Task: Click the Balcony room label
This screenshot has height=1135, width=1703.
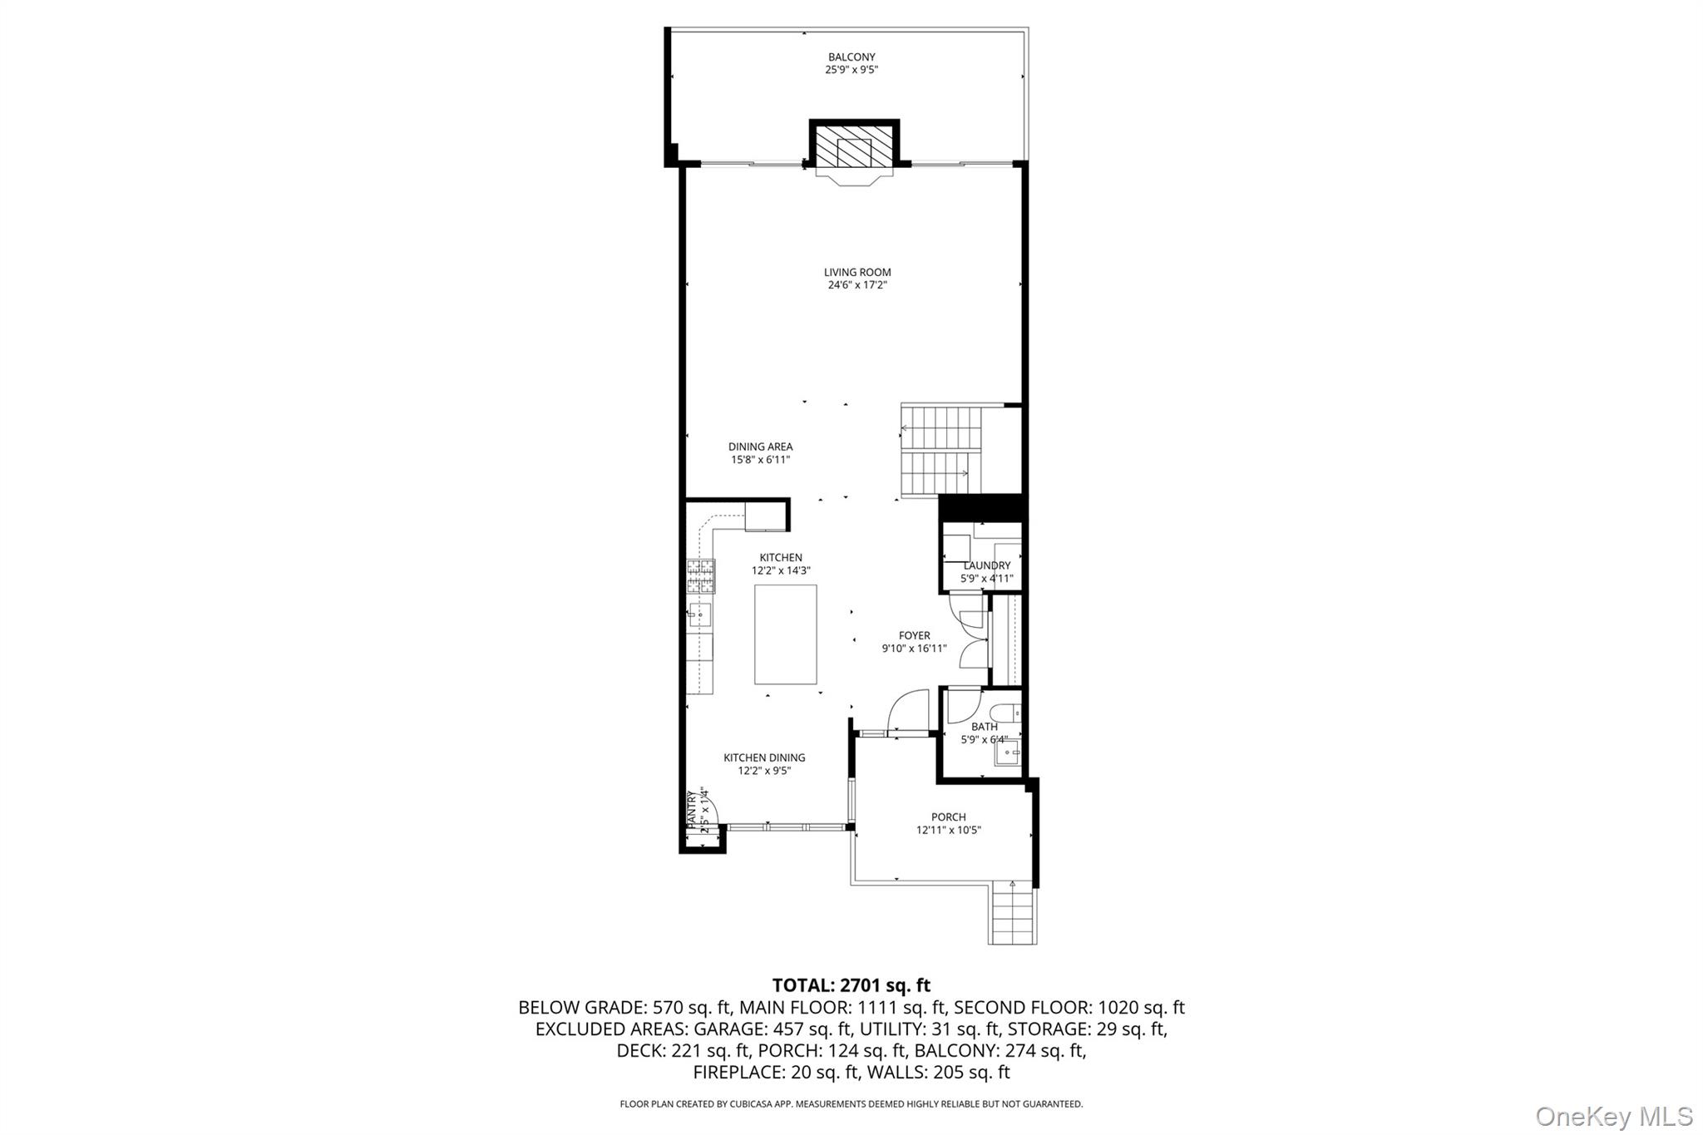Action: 851,57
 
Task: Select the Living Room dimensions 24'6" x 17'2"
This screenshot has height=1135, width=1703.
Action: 857,285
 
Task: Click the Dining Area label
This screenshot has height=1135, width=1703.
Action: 760,447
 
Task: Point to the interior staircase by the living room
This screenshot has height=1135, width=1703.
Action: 941,451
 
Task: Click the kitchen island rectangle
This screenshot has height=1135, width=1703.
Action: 785,634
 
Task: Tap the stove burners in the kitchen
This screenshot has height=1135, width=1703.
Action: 700,575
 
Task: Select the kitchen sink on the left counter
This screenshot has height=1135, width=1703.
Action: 699,614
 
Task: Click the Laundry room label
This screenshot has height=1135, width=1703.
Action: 986,565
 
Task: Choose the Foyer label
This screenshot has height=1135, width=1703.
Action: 914,635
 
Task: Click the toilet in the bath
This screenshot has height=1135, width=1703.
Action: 1004,713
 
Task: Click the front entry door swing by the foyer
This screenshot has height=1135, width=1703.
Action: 908,712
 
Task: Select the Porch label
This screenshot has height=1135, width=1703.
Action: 948,817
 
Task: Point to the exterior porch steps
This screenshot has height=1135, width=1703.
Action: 1012,915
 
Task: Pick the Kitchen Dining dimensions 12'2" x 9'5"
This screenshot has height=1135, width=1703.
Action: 764,771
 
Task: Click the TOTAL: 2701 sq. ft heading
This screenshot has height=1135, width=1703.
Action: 851,985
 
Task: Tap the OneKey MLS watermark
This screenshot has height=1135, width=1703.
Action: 1613,1116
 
